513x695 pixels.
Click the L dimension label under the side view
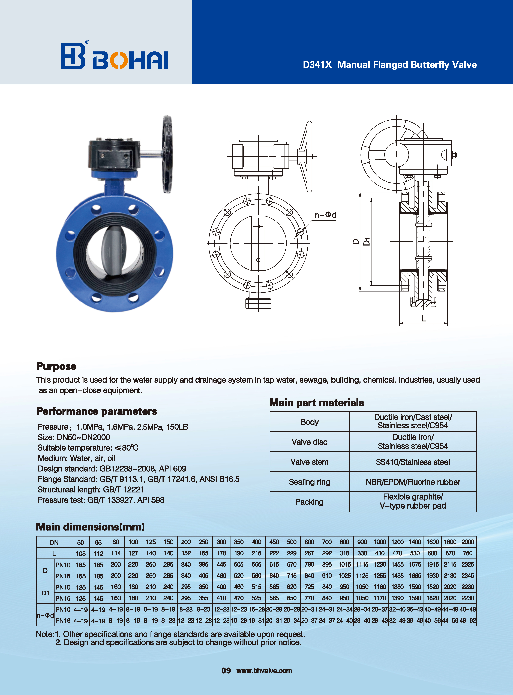tap(424, 318)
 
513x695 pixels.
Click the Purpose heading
tap(56, 366)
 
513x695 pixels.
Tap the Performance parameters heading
tap(97, 411)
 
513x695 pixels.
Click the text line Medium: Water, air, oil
tap(76, 458)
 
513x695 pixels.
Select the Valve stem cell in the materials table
tap(309, 462)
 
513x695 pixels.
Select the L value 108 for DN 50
tap(81, 554)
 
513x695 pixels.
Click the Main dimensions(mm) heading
tap(90, 527)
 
